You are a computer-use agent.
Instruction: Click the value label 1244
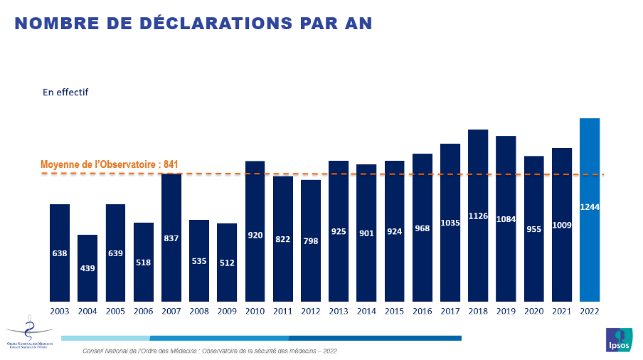590,207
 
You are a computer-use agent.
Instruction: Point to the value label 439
87,268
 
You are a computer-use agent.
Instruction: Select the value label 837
171,238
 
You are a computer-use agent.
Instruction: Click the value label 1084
506,219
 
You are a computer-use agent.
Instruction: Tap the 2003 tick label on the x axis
60,311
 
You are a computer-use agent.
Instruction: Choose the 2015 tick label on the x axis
394,311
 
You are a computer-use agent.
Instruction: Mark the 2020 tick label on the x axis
533,311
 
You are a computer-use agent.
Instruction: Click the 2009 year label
227,311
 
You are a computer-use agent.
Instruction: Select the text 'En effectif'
65,92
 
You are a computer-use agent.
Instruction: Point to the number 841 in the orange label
170,164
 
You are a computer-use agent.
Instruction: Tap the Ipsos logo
618,340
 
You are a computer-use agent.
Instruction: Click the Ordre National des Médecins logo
28,333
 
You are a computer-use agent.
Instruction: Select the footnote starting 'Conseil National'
210,351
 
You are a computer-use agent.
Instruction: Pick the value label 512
227,263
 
